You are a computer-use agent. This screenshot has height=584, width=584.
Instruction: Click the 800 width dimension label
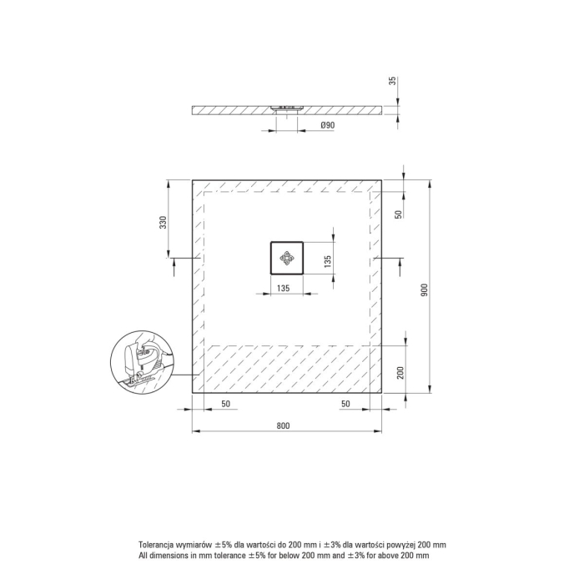pyautogui.click(x=283, y=425)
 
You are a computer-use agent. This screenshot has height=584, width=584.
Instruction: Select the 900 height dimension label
pyautogui.click(x=424, y=290)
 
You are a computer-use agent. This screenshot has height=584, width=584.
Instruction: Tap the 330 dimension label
pyautogui.click(x=164, y=222)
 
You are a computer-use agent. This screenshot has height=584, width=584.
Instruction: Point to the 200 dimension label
pyautogui.click(x=400, y=372)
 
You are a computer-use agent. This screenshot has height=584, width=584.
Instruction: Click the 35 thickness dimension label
pyautogui.click(x=393, y=81)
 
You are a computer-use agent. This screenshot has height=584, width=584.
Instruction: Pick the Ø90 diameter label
pyautogui.click(x=328, y=125)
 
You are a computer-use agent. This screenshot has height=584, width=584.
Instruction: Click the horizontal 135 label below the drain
pyautogui.click(x=284, y=288)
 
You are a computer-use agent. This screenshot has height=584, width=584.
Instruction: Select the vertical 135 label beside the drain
pyautogui.click(x=328, y=261)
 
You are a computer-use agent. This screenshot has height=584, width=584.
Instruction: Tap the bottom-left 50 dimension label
pyautogui.click(x=226, y=404)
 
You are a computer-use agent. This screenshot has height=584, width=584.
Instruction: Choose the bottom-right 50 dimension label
pyautogui.click(x=345, y=404)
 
